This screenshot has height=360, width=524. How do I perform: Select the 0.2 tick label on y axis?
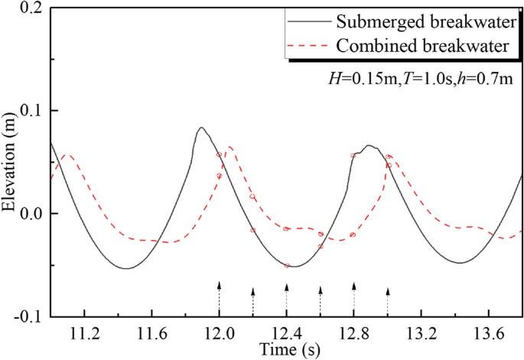pos(33,9)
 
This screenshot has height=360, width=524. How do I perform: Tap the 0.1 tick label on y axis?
pos(33,112)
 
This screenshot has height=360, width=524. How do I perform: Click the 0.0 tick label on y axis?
pos(33,214)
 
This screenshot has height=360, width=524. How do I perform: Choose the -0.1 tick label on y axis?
pos(31,316)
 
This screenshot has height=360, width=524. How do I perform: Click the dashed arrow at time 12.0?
pos(219,298)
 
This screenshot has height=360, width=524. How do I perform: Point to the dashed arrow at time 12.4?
pos(286,299)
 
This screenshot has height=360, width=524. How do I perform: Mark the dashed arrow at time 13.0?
pos(387,301)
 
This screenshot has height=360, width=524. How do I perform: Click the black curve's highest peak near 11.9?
pos(200,128)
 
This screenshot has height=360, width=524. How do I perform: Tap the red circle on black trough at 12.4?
pos(288,265)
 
